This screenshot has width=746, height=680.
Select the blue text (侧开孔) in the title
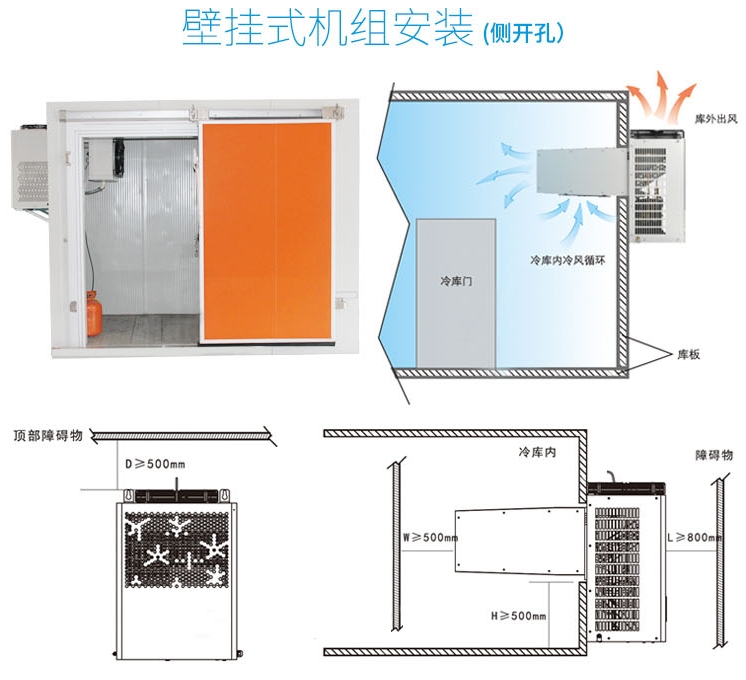point(522,32)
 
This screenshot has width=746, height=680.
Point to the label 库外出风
point(715,118)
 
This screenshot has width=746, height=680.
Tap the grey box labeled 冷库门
point(455,292)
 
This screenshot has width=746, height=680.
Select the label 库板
point(689,353)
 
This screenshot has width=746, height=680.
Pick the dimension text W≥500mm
point(430,538)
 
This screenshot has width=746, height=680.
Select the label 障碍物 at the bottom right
point(713,453)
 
